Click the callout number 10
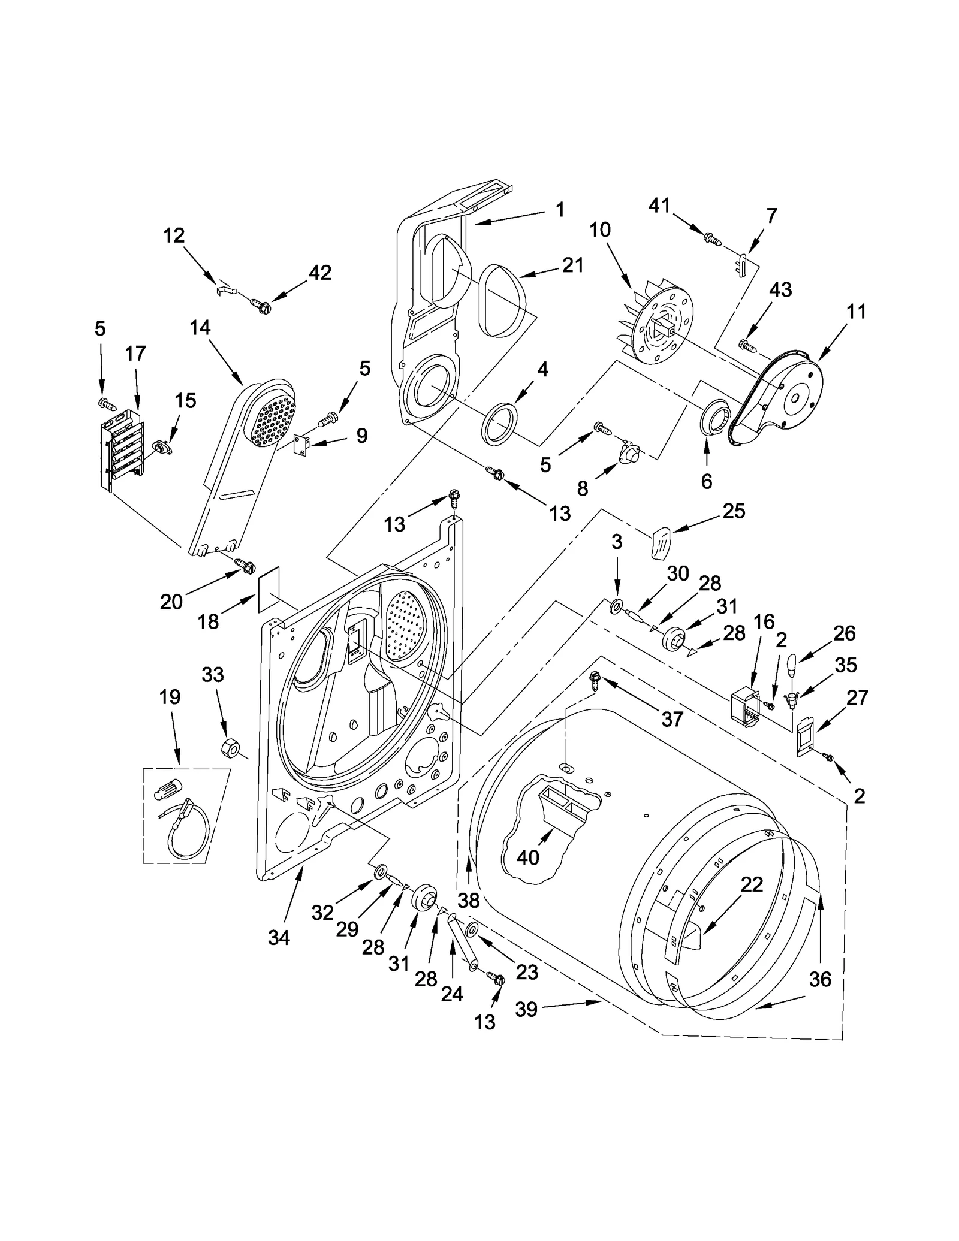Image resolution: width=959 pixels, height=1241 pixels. pyautogui.click(x=599, y=230)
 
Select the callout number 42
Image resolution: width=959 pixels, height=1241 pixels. pyautogui.click(x=319, y=273)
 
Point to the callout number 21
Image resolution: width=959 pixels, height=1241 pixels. pyautogui.click(x=572, y=264)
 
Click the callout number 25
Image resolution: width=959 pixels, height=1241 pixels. pyautogui.click(x=733, y=511)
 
